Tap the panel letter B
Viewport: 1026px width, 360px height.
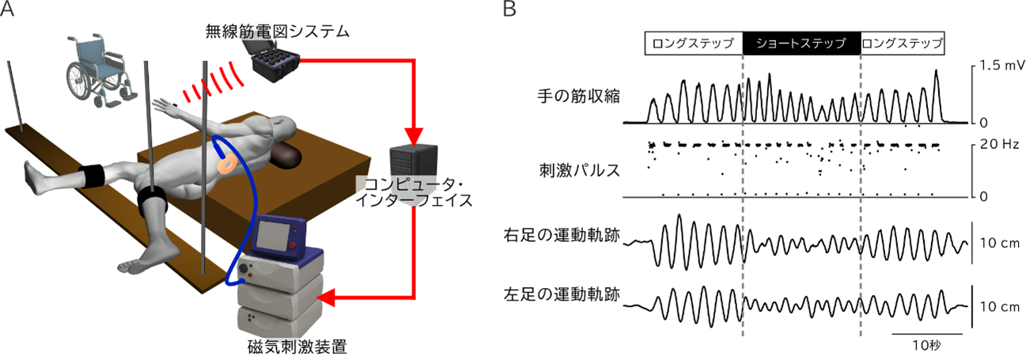point(510,10)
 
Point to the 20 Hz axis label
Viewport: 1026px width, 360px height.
point(995,144)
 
